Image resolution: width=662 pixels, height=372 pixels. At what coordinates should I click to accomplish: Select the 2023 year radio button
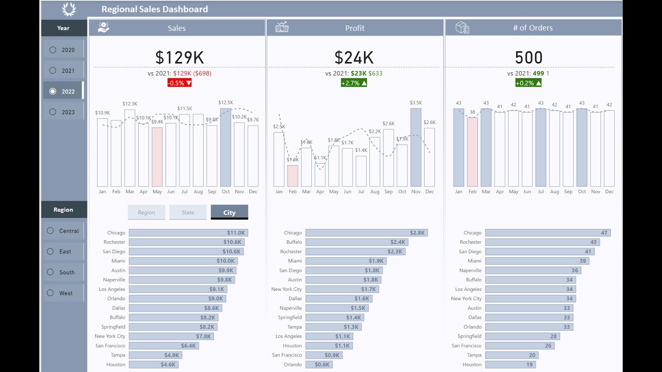click(53, 112)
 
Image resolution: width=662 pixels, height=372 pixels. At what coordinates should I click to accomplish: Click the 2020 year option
click(53, 50)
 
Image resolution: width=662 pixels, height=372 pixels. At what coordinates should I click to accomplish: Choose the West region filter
click(50, 293)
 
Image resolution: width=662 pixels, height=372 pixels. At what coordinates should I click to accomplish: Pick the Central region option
click(50, 231)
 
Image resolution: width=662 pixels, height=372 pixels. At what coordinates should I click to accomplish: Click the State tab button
click(188, 212)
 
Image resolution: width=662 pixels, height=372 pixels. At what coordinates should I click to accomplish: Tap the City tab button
click(229, 212)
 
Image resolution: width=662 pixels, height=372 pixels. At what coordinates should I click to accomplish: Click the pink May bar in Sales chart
click(157, 157)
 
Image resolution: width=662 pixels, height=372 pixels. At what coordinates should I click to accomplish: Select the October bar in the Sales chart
click(225, 147)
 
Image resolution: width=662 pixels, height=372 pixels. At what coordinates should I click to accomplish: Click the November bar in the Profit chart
click(416, 147)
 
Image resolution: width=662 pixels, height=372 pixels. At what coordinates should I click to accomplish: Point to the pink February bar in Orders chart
click(472, 152)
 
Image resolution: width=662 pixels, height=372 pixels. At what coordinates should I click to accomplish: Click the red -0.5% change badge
click(179, 83)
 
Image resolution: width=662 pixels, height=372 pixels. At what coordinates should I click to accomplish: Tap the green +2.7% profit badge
click(354, 83)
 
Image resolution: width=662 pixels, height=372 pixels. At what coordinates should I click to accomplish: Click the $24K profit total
click(354, 57)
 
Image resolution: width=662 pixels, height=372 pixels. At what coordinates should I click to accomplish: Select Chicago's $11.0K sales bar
click(188, 233)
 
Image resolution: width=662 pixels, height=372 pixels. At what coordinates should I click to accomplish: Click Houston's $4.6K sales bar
click(154, 364)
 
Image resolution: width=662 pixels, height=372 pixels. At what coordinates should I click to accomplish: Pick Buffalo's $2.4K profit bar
click(356, 242)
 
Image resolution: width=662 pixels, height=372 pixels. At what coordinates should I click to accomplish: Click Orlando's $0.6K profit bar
click(319, 364)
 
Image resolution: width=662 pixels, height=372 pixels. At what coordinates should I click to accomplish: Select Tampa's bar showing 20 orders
click(511, 355)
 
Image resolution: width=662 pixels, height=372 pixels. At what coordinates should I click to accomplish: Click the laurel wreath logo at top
click(68, 9)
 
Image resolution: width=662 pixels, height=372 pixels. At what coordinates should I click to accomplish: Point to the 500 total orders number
click(529, 57)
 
